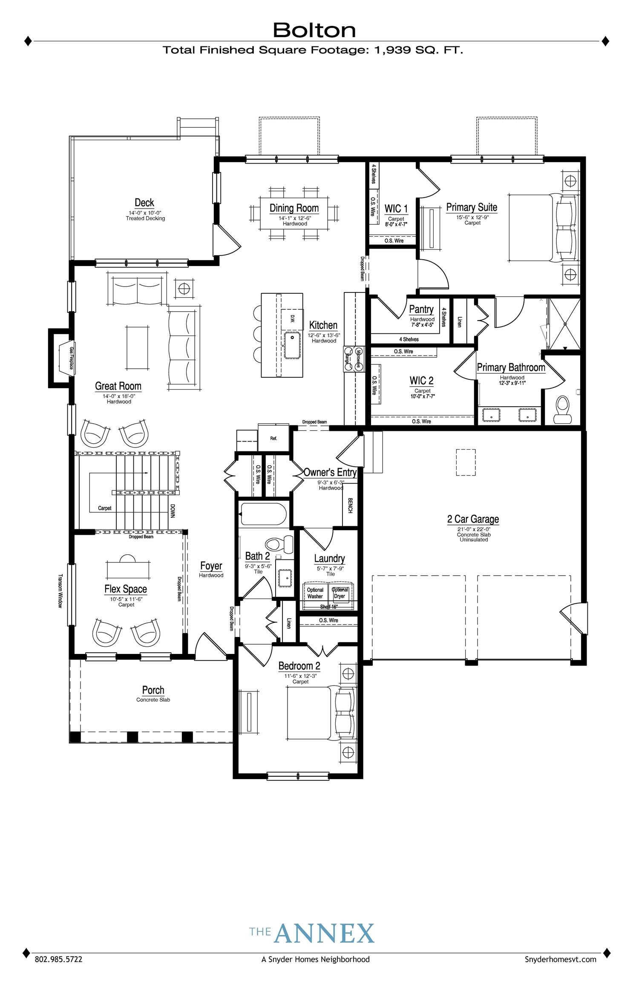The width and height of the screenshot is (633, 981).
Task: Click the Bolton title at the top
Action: coord(314,30)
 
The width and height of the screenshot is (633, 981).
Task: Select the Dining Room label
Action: coord(294,208)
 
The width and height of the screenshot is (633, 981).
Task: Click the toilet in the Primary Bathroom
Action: coord(563,410)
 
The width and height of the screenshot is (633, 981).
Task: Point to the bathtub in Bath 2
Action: coord(263,514)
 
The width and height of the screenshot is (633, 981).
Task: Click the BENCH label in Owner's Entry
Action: coord(350,505)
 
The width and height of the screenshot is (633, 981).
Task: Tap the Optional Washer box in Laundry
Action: coord(315,593)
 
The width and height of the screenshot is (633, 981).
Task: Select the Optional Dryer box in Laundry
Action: coord(340,593)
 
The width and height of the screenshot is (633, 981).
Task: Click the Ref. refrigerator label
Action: coord(273,438)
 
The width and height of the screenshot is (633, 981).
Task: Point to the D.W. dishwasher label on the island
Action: coord(292,318)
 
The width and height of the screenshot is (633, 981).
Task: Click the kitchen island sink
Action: coord(292,346)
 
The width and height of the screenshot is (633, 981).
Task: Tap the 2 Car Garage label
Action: coord(473,519)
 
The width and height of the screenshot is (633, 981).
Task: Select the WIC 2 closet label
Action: coord(421,380)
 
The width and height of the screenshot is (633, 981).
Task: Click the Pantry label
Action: coord(421,309)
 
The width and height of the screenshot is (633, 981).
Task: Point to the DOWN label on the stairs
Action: coord(173,511)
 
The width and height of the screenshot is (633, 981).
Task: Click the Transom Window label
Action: coord(60,591)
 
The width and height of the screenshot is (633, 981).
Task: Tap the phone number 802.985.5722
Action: coord(58,959)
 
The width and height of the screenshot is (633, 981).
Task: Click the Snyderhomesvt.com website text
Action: coord(560,959)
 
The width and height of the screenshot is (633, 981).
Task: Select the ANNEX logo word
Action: coord(324,933)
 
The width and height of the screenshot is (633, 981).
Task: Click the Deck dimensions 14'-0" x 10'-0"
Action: coord(145,213)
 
